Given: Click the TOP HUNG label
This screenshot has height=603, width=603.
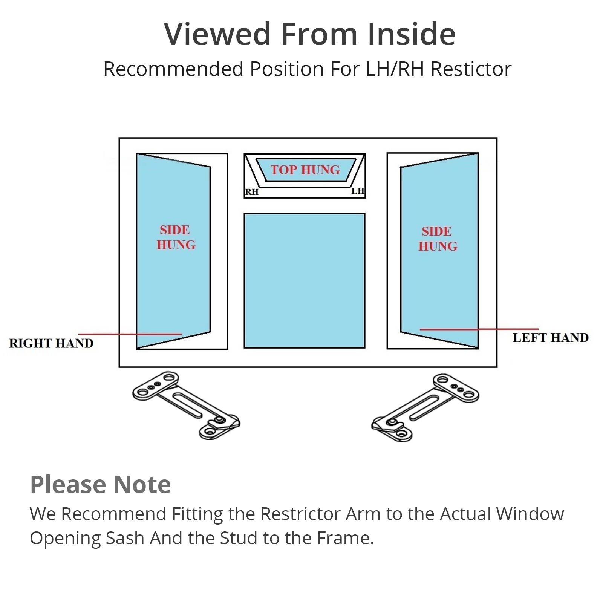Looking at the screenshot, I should coord(305,170).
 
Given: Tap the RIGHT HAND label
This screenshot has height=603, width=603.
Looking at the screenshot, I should coord(51,343).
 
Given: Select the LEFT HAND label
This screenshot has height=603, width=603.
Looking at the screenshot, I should coord(550,338).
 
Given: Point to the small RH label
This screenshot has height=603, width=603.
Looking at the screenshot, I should coord(252,192).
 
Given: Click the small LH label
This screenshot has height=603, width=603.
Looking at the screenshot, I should coord(358,191).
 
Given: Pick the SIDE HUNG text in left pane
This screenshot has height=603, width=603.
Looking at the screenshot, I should coord(176,237).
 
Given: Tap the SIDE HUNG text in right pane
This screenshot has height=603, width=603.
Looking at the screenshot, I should coord(438,239).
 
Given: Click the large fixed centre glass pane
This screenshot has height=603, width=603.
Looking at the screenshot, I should coord(305,281).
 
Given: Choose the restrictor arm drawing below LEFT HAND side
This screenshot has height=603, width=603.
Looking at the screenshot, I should coord(425,407).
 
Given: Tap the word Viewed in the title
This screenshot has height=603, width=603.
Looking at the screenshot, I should coord(217,34).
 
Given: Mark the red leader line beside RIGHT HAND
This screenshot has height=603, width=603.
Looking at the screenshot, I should coord(130,334).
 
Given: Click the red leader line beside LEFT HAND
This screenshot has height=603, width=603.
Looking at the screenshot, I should coord(479,329).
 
